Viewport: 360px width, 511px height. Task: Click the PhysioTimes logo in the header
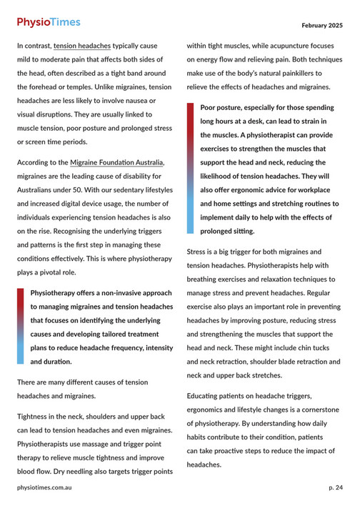pos(49,22)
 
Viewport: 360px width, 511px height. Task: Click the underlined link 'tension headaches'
pos(82,45)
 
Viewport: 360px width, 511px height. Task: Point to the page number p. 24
pos(335,487)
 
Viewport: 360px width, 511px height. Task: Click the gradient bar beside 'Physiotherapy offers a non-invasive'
pos(21,327)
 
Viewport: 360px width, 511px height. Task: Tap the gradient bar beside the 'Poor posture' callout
pos(191,169)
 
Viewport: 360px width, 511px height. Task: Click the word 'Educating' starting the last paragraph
pos(208,395)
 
